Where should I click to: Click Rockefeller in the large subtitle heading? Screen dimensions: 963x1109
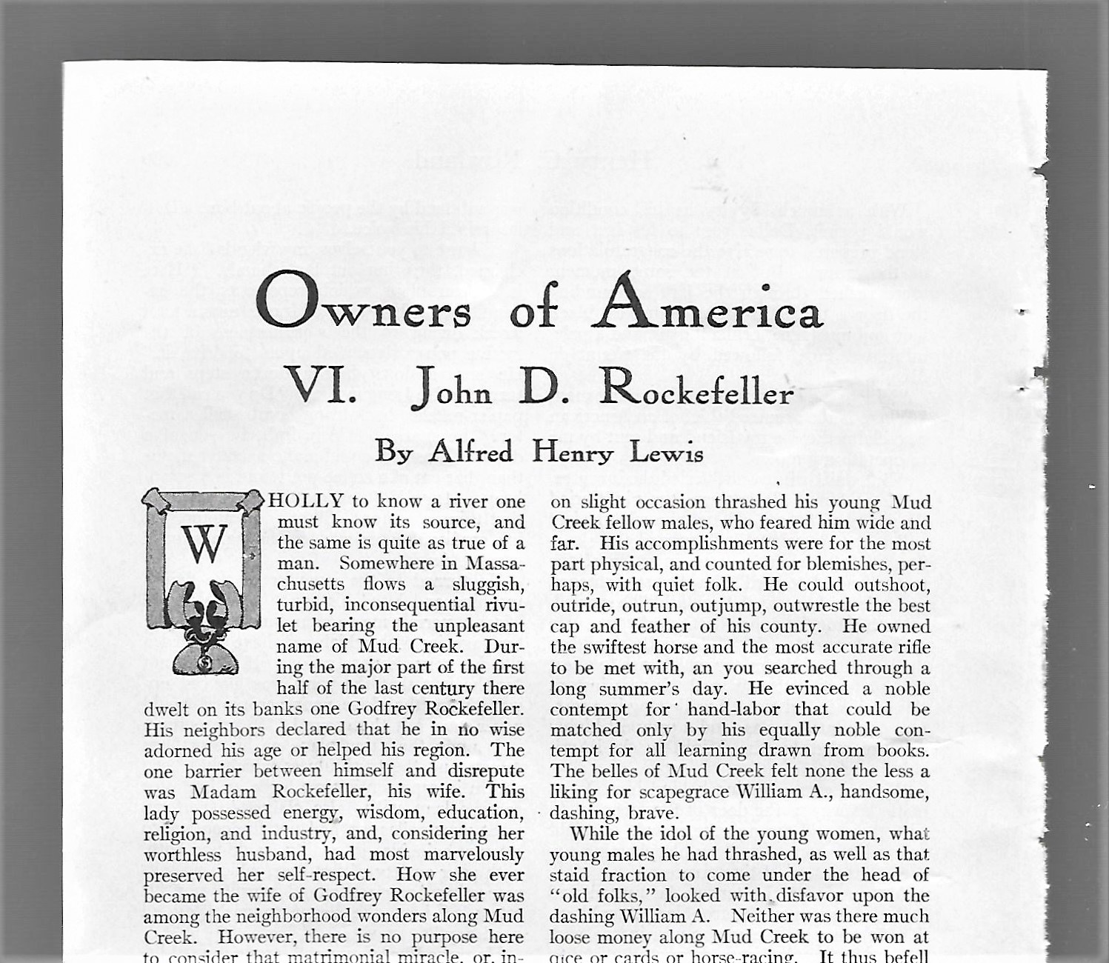(696, 388)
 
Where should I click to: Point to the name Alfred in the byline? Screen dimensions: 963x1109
(470, 450)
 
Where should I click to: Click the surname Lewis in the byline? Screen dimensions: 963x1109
(666, 451)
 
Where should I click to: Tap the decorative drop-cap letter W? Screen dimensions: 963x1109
(203, 544)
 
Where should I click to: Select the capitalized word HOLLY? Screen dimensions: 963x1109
(306, 502)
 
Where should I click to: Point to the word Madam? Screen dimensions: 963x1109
(223, 792)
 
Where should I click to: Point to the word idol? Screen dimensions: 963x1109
(668, 834)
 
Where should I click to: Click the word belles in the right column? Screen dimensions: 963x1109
(614, 772)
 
